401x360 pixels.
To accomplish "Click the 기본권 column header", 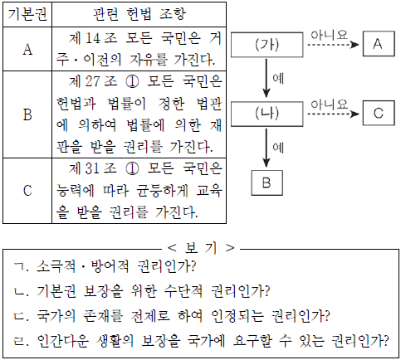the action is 27,14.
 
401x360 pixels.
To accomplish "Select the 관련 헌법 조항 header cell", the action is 139,14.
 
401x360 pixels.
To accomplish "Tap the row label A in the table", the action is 27,50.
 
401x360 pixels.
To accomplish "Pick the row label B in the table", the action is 27,114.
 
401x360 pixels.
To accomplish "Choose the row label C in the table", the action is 27,191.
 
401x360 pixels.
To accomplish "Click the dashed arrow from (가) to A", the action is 333,45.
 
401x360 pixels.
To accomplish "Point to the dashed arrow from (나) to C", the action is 333,114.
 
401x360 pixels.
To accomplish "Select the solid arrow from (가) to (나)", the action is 267,78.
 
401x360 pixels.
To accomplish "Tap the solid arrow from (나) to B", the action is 267,148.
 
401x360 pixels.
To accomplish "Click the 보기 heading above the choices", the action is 201,248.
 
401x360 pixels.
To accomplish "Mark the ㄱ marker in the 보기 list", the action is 18,267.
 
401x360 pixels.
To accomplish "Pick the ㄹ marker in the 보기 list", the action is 19,341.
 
